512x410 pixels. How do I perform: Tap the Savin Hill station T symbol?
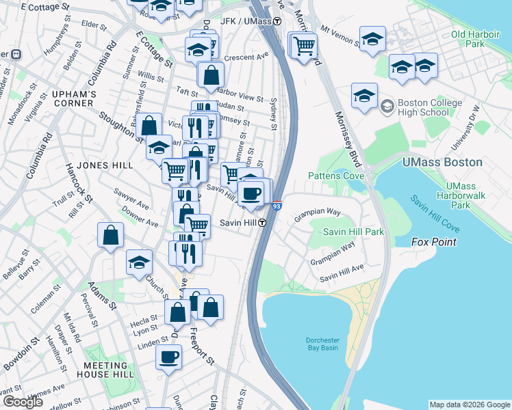262,223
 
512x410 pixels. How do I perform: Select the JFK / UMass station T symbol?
277,21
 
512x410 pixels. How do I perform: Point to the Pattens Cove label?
335,176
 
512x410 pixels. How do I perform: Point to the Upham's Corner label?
71,98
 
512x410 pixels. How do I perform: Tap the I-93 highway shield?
277,205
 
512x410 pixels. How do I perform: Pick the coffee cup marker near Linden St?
168,356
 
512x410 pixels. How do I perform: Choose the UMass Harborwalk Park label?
469,195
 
